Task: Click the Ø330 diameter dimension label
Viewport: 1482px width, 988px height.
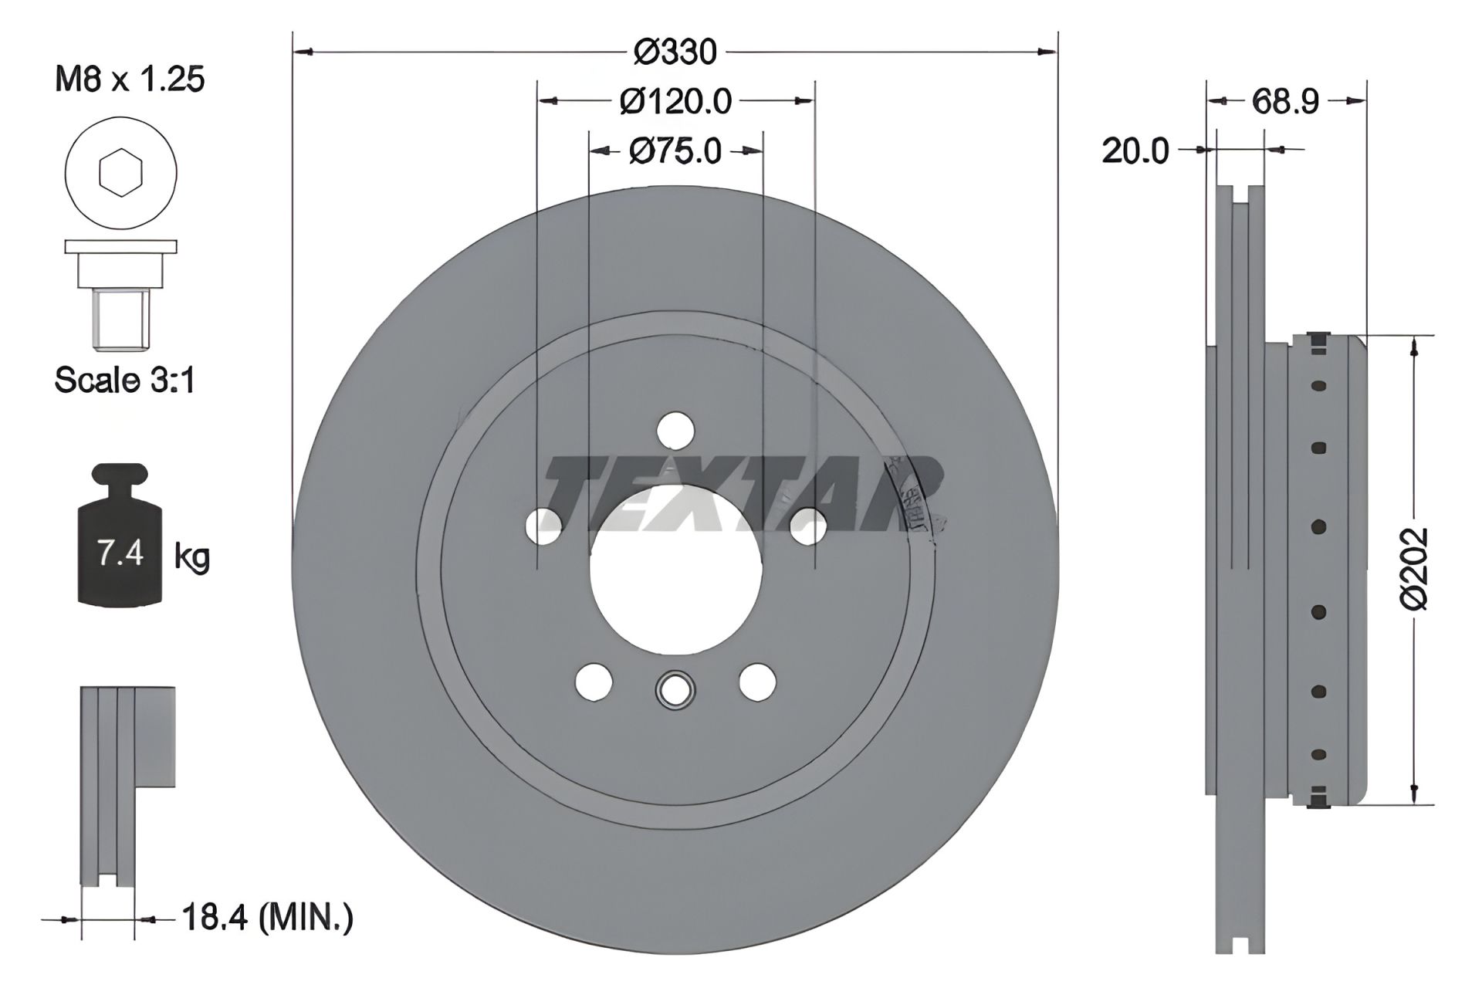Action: click(x=675, y=52)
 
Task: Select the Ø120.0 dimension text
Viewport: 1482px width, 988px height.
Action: click(x=675, y=101)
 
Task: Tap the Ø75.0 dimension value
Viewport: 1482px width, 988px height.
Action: click(x=675, y=151)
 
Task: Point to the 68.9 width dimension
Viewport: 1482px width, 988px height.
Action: click(x=1285, y=101)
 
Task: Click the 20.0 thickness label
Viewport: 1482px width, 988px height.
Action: click(x=1135, y=151)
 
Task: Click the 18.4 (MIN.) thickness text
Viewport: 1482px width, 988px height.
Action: click(x=267, y=918)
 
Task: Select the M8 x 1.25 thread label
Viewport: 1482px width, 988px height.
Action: click(x=130, y=80)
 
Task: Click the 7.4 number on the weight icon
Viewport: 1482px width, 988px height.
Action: click(x=120, y=553)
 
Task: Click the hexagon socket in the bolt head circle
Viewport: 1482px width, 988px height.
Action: click(x=122, y=174)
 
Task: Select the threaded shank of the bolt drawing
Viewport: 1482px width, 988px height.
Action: click(x=120, y=317)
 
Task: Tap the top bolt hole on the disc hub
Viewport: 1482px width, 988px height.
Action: click(x=675, y=430)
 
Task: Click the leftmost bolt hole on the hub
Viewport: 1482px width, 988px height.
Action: click(x=543, y=526)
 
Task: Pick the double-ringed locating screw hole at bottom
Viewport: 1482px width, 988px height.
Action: click(x=675, y=689)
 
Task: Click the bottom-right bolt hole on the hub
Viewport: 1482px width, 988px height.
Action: click(x=756, y=682)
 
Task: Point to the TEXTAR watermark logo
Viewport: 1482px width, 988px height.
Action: click(x=741, y=494)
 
